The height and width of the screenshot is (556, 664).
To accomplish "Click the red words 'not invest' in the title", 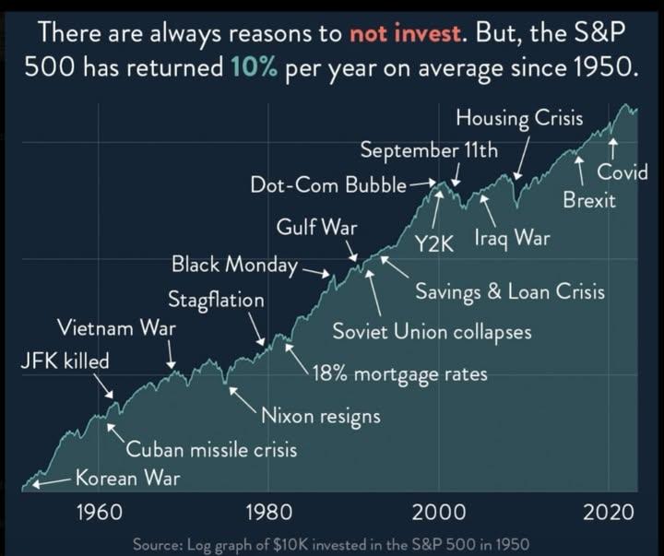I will pos(403,35).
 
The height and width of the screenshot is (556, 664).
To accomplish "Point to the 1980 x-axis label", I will pos(267,512).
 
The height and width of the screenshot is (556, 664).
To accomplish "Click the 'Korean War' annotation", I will pos(126,478).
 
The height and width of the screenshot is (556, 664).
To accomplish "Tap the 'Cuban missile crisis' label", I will pos(211,450).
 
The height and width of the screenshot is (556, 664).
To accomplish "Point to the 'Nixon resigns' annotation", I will pos(321,416).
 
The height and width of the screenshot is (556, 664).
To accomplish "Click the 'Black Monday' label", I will pos(233,266).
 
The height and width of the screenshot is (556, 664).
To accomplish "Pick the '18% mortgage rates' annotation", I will pos(399,374).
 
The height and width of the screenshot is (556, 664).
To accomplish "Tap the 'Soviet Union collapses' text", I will pos(432,331).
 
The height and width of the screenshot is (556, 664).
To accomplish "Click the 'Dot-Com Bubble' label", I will pos(327,184).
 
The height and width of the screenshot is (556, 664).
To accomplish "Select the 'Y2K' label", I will pos(431,243).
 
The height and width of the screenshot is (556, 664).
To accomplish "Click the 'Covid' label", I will pos(622,172).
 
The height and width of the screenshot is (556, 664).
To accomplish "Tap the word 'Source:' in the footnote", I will pos(160,544).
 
